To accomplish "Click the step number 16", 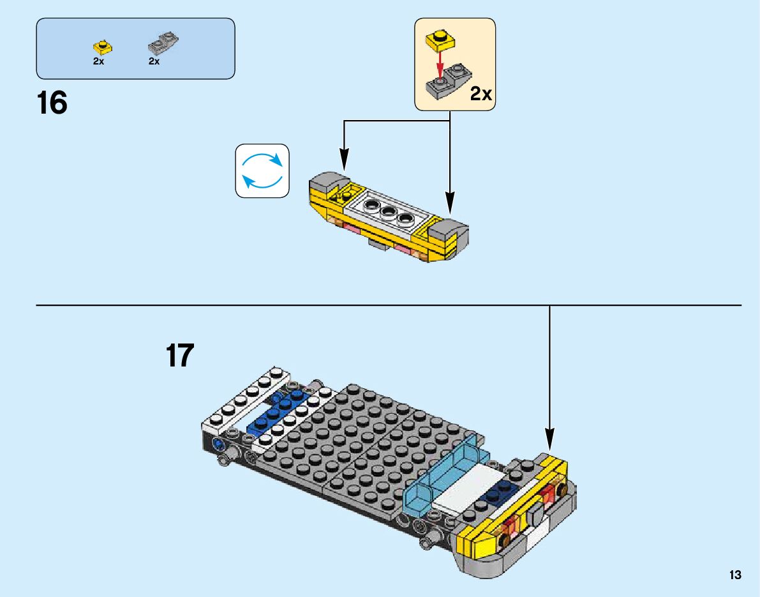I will click(52, 103).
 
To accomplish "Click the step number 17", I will click(179, 356).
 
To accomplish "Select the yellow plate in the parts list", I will click(100, 46).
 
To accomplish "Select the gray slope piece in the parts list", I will click(163, 43).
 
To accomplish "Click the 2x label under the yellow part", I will click(98, 61).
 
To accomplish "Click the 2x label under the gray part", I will click(154, 61).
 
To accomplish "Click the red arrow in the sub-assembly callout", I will click(439, 63).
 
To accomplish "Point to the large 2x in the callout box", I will click(481, 94).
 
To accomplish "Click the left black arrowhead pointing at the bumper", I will click(344, 160).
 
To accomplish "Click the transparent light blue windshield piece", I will click(440, 479).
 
